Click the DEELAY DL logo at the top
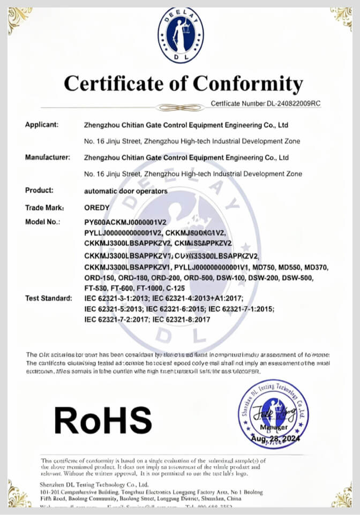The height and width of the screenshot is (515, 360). coord(181,35)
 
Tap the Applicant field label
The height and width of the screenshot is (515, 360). coord(42,125)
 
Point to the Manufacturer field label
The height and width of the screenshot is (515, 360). coord(48,157)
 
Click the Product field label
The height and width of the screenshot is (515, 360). coord(39,190)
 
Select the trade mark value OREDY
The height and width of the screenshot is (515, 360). coord(96,207)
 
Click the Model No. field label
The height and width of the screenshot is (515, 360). coord(43,222)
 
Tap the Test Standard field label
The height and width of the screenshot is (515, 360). coord(48,298)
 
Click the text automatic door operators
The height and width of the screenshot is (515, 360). coord(126,191)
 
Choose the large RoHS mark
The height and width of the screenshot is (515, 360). coord(103,420)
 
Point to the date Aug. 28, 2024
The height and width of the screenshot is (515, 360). coord(275,438)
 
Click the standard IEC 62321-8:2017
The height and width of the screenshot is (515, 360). coord(182,319)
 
